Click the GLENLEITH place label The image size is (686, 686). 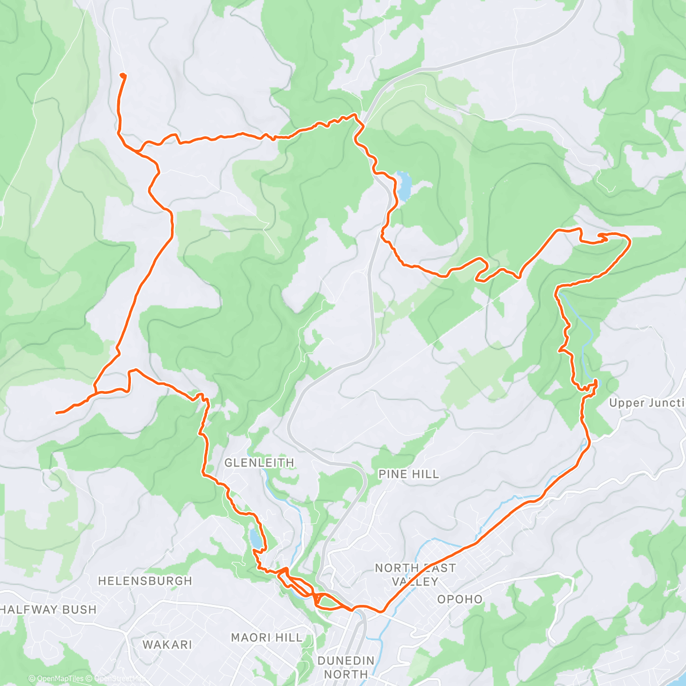(259, 462)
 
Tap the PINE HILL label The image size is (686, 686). (409, 474)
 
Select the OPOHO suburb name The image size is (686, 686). (460, 599)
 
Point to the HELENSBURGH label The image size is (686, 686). (145, 581)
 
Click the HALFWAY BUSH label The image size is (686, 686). (48, 609)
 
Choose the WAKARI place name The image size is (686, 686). (167, 644)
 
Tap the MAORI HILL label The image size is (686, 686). (266, 637)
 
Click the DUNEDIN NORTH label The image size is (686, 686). (346, 667)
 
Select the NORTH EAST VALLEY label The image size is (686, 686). (415, 575)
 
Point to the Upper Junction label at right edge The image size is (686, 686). (647, 403)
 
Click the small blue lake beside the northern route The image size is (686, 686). (404, 186)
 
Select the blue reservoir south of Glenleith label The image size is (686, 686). (254, 537)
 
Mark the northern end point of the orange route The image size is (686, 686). (122, 75)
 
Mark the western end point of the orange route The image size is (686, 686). (57, 412)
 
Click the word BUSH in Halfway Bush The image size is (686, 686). (79, 609)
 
